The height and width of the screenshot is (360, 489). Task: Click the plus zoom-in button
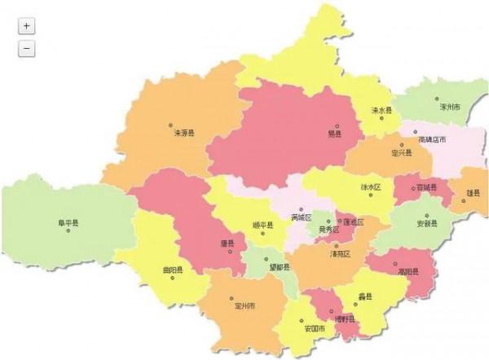pyautogui.click(x=27, y=25)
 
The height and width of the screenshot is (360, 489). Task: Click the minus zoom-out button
pyautogui.click(x=27, y=49)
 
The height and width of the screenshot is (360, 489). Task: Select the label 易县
pyautogui.click(x=335, y=134)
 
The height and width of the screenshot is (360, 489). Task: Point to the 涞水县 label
pyautogui.click(x=381, y=111)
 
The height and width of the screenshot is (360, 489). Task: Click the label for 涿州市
pyautogui.click(x=450, y=107)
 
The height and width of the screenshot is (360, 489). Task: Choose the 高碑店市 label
pyautogui.click(x=432, y=139)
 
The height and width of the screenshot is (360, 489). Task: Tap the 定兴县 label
pyautogui.click(x=402, y=152)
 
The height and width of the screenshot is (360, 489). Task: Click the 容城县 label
pyautogui.click(x=427, y=187)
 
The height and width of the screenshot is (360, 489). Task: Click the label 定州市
pyautogui.click(x=244, y=306)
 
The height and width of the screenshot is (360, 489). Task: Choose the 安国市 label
pyautogui.click(x=315, y=328)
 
